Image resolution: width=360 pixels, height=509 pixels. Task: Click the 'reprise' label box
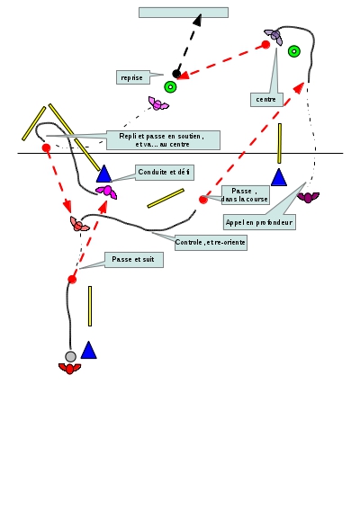(133, 77)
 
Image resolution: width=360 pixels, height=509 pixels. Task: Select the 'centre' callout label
(266, 100)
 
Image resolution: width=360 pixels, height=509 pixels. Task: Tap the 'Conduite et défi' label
(165, 173)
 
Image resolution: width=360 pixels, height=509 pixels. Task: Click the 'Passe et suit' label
(134, 260)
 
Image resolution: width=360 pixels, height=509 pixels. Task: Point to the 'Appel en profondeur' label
(259, 222)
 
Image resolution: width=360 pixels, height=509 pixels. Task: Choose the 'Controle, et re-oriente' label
(211, 243)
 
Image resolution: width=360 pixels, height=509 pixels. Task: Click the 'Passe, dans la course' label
(246, 195)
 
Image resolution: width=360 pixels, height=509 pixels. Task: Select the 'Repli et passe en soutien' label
(163, 140)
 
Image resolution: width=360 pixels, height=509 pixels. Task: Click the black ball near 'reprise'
(176, 74)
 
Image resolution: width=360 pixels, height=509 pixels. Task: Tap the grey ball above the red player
(70, 356)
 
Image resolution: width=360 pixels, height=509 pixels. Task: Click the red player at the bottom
(69, 369)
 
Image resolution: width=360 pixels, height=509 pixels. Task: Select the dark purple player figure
(308, 197)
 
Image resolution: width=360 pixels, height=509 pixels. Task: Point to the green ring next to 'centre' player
(294, 51)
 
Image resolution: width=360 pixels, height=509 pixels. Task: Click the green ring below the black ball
(170, 87)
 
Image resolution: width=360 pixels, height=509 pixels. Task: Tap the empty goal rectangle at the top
(184, 13)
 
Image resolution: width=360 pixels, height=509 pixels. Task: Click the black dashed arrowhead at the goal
(198, 20)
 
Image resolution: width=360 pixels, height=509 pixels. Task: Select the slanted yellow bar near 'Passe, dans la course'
(166, 198)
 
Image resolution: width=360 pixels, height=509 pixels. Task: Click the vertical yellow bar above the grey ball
(90, 306)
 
